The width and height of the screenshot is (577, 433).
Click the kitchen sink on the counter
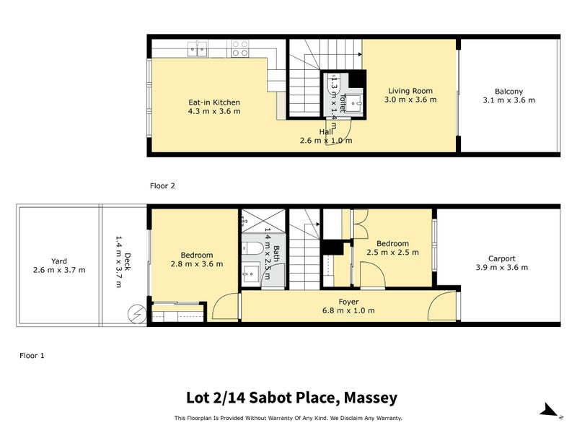198,48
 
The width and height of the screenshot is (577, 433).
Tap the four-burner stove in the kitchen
240,48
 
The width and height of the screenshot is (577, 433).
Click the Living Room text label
410,91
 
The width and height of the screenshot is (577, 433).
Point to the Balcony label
508,91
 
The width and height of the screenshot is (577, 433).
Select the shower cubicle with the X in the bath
253,221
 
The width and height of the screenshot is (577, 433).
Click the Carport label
501,258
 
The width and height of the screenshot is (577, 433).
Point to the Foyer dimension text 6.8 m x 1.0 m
348,311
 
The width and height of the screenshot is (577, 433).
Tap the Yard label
59,261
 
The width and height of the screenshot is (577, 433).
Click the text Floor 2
162,185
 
